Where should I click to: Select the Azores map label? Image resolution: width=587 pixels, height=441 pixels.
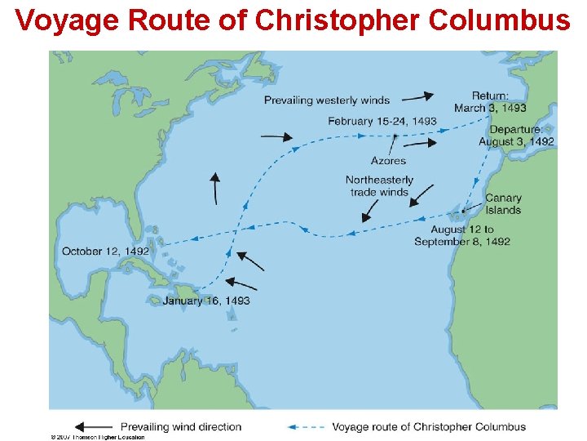point(388,161)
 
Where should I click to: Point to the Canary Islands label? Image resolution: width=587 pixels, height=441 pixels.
point(503,203)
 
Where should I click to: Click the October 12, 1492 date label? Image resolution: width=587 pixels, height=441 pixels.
point(105,251)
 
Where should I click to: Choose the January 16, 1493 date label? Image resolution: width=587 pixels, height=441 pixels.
point(206,301)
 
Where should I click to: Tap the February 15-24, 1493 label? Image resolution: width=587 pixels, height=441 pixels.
point(382,121)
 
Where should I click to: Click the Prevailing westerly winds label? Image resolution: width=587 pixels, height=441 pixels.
point(327,100)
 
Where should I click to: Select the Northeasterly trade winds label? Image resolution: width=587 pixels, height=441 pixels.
point(379,186)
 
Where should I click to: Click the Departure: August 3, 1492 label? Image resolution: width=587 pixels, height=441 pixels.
point(517,136)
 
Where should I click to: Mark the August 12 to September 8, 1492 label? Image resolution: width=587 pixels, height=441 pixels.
point(462,235)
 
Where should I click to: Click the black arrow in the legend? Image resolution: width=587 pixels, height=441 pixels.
point(93,426)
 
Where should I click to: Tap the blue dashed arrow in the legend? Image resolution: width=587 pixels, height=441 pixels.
point(307,426)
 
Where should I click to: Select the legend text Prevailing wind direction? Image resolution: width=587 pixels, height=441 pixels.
point(181,426)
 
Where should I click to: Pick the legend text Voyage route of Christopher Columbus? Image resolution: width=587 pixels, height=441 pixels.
point(429,426)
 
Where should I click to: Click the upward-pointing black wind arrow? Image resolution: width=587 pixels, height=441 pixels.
point(215,188)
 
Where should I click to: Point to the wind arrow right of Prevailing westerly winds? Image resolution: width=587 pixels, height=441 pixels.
point(417,97)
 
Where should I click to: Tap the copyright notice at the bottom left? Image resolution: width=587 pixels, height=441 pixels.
point(97,437)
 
